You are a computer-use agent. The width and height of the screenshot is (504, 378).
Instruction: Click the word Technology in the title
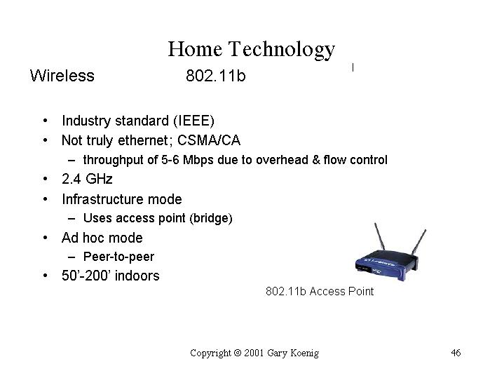[282, 50]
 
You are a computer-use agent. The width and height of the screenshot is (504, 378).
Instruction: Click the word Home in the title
[195, 49]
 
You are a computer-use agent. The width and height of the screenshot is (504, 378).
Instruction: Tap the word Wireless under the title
[62, 76]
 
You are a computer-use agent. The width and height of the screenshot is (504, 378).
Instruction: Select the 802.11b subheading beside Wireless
[216, 76]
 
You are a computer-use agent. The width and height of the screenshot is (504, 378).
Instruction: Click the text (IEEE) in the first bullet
[193, 121]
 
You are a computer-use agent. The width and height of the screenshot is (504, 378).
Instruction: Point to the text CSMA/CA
[209, 140]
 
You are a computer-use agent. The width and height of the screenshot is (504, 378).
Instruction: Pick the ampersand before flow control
[316, 160]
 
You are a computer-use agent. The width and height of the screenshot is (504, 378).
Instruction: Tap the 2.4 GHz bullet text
[87, 179]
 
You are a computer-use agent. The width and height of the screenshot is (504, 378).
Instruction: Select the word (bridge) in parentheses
[211, 218]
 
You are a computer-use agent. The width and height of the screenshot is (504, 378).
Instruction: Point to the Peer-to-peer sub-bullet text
[118, 257]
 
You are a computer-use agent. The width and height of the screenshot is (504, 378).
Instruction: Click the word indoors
[137, 276]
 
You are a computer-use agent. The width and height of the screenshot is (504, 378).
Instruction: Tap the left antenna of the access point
[380, 237]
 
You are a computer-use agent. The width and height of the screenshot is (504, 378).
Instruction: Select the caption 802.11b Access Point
[320, 291]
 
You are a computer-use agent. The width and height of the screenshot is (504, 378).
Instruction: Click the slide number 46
[456, 353]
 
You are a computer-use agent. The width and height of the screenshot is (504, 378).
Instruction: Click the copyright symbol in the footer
[238, 353]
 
